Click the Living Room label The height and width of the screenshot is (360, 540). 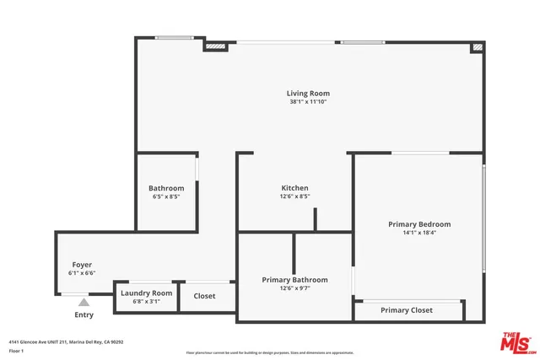tap(308, 93)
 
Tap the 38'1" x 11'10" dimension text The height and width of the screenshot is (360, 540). tap(308, 102)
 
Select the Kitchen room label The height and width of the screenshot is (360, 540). tap(294, 187)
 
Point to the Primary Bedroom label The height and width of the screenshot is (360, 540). tap(419, 224)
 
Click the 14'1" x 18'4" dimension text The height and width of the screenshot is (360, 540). tap(419, 233)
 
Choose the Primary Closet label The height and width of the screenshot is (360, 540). tap(407, 310)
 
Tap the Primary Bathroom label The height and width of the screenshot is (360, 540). tap(294, 280)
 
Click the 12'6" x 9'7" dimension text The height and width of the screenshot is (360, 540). tap(294, 288)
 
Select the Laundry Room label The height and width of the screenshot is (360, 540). tap(146, 293)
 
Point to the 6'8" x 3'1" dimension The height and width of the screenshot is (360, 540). tap(146, 301)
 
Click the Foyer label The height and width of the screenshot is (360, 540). tap(82, 265)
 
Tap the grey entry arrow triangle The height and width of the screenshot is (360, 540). tap(84, 300)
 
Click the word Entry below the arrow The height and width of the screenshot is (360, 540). tap(84, 314)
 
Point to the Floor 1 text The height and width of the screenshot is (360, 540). tap(16, 350)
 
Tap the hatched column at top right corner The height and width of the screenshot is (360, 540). tap(477, 47)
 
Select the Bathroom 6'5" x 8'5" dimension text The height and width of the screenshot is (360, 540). tap(166, 196)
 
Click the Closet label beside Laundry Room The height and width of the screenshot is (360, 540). tap(204, 296)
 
